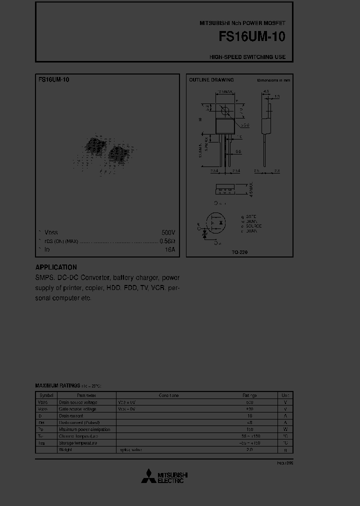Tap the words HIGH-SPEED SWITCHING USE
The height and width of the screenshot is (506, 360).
click(x=247, y=57)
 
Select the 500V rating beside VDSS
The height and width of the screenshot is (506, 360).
click(x=168, y=232)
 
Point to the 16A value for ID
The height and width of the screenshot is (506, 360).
click(x=170, y=249)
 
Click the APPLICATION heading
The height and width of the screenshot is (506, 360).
click(x=56, y=267)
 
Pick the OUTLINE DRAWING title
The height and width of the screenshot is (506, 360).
click(x=211, y=80)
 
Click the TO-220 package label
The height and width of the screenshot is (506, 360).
click(x=239, y=252)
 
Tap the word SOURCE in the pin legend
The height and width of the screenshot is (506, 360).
click(x=253, y=226)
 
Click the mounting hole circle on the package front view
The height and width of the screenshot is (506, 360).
click(x=225, y=111)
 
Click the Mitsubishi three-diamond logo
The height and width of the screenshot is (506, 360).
click(x=148, y=476)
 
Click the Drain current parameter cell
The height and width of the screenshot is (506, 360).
click(x=71, y=416)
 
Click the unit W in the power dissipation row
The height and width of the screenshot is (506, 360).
click(x=285, y=429)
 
